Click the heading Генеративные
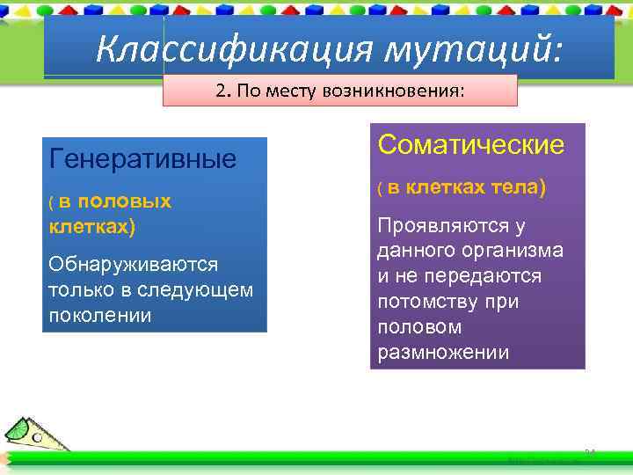(x=142, y=159)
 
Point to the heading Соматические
(x=470, y=145)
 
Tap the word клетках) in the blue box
(x=92, y=226)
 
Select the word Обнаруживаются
(x=134, y=265)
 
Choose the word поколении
(x=100, y=315)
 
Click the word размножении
(x=443, y=353)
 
